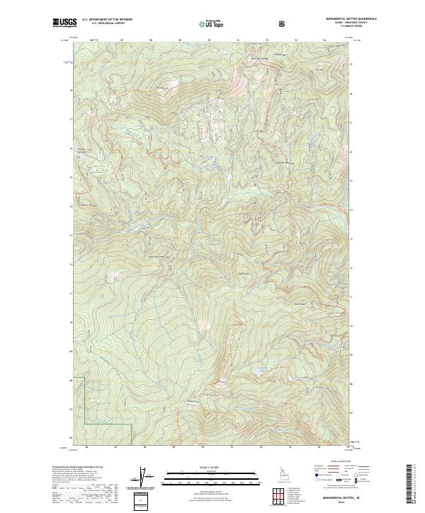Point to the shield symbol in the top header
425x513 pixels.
[x=283, y=23]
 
